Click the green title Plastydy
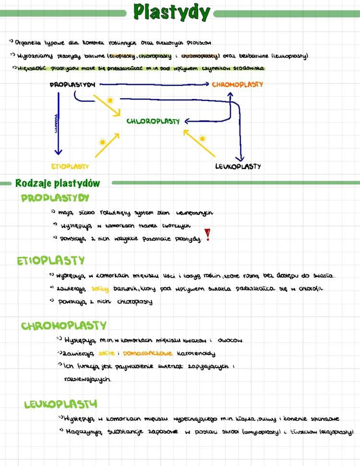pos(171,12)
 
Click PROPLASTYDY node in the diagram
pos(72,85)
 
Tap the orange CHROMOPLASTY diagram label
pos(238,85)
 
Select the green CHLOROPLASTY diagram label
pos(153,122)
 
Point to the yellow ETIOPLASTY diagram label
pos(70,167)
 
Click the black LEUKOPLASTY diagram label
pos(238,167)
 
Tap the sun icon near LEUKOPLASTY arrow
pos(203,139)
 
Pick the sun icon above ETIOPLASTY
pos(102,142)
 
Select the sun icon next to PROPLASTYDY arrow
pos(110,100)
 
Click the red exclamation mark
pos(207,234)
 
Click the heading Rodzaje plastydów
pos(58,183)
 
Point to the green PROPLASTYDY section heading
pos(55,198)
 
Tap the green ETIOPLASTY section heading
pos(50,261)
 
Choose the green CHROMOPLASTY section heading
pos(63,326)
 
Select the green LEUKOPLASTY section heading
pos(60,404)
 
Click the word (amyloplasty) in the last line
pos(263,432)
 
